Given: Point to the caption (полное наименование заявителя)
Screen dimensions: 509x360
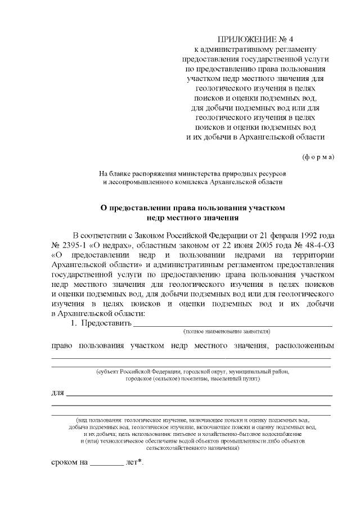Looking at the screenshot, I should (x=227, y=332).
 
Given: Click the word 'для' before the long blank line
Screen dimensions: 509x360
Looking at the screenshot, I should (x=57, y=391).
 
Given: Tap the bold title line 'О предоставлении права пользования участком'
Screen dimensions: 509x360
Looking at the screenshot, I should (x=193, y=208).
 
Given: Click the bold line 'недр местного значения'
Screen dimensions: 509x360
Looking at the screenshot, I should (x=193, y=217).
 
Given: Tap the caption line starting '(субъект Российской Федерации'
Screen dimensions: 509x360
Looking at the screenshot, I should (x=193, y=372).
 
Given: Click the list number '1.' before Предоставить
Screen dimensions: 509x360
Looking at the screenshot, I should (x=73, y=324).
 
